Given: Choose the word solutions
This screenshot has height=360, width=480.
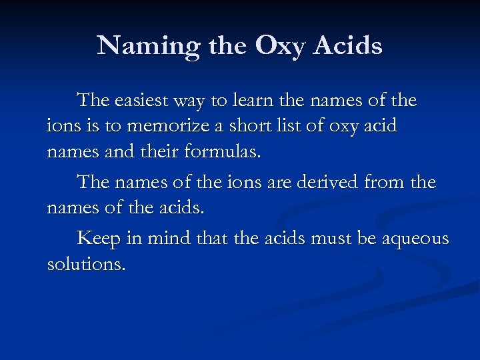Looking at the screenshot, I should coord(86,264).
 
